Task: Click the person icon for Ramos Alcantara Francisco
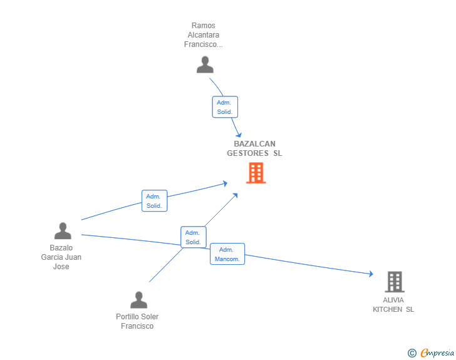(205, 64)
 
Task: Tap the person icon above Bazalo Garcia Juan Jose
(63, 231)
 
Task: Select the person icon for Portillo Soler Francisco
(138, 300)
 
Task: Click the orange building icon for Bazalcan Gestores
(256, 173)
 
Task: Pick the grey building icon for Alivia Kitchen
(394, 282)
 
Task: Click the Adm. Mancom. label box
(227, 254)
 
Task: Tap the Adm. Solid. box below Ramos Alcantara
(225, 107)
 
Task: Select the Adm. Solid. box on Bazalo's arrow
(154, 200)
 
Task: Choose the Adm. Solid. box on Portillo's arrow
(193, 237)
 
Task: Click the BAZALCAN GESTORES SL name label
(254, 148)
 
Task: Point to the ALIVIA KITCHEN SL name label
(393, 304)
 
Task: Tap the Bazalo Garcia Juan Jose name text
(61, 257)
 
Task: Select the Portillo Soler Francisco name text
(137, 321)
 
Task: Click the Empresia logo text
(437, 353)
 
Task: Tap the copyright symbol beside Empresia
(412, 353)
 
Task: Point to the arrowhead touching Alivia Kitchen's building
(371, 274)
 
